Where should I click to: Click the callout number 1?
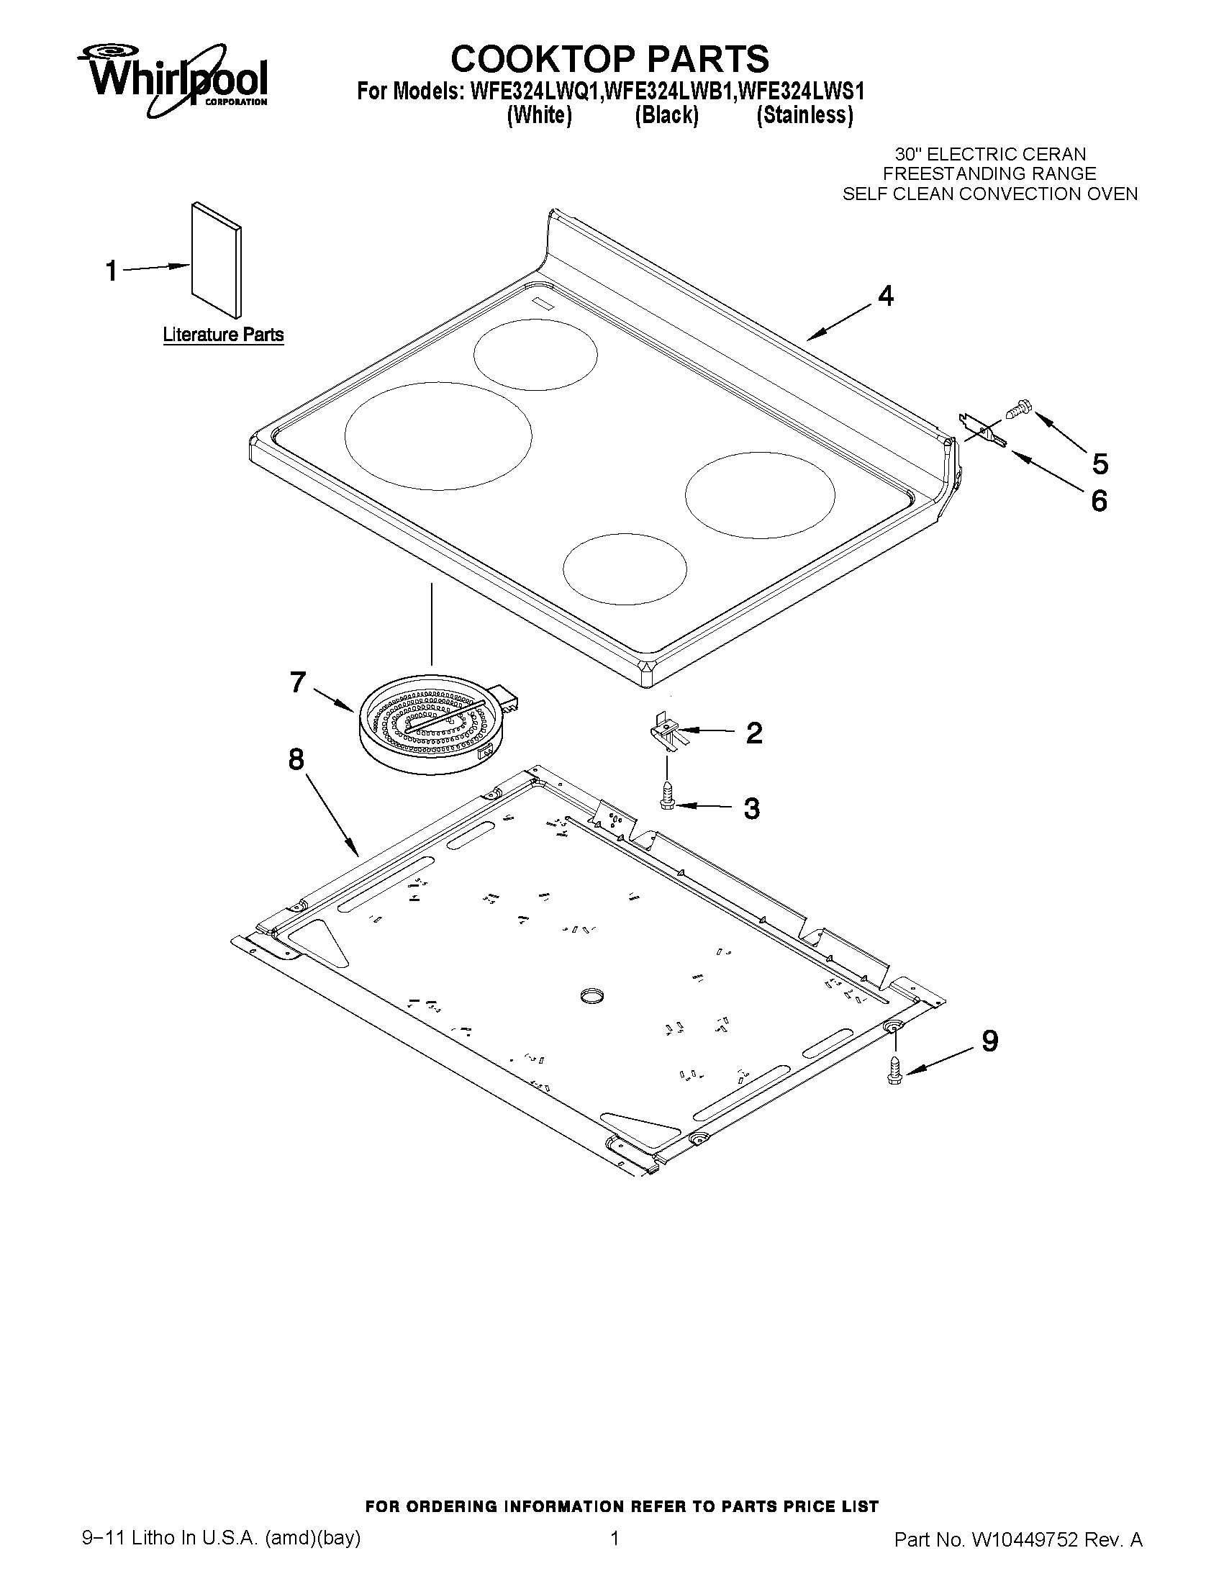coord(111,271)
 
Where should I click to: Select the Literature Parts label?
coord(222,335)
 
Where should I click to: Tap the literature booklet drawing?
coord(216,259)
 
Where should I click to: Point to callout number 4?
coord(885,296)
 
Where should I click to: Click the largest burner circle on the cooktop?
coord(438,435)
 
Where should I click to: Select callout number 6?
coord(1100,500)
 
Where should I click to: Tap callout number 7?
coord(297,682)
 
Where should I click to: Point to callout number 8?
coord(296,759)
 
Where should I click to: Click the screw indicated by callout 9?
coord(894,1070)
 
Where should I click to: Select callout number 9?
coord(990,1041)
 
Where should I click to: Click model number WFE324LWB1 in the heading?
coord(667,92)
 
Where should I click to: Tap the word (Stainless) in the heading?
coord(804,115)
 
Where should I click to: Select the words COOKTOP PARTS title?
coord(609,58)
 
